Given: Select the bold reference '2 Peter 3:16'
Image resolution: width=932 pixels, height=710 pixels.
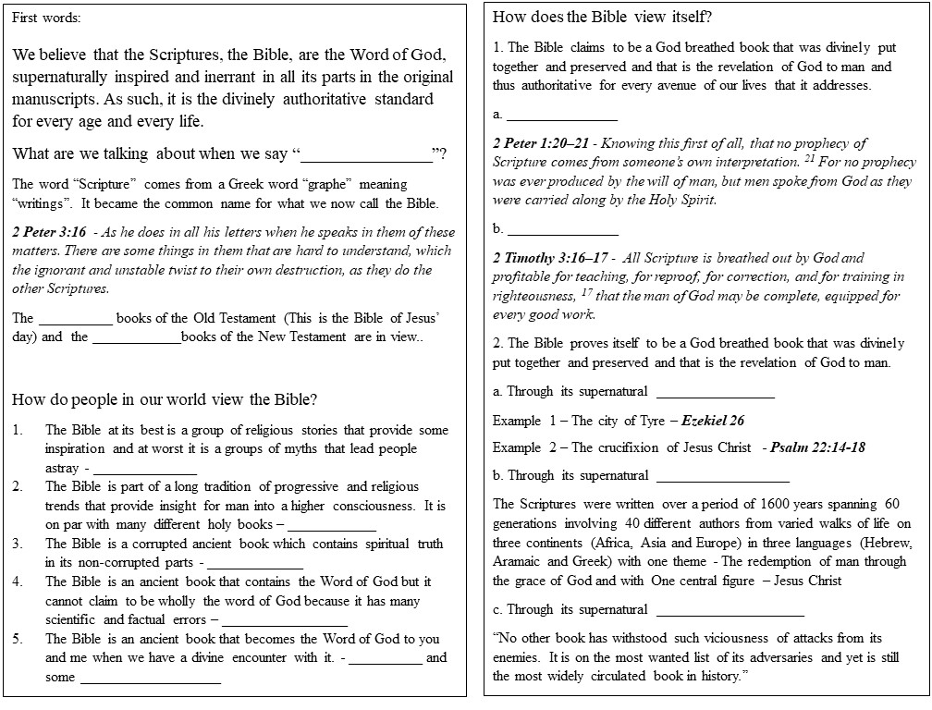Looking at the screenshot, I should pos(49,232).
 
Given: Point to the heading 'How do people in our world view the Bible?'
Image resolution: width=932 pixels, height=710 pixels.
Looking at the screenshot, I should pos(166,400).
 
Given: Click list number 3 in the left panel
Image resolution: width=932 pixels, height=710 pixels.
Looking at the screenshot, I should pos(18,544).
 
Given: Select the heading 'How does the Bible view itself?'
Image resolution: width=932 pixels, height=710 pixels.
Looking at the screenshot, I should pos(602,18).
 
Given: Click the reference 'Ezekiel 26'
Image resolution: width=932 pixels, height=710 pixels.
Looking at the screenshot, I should pos(713,421).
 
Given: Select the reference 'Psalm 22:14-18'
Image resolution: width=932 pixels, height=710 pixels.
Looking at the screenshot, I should pos(818,447).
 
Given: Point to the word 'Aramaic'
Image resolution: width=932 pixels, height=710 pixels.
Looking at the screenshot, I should pos(518,561).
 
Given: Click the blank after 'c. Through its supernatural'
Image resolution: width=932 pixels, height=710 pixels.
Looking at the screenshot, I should pos(730,610).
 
